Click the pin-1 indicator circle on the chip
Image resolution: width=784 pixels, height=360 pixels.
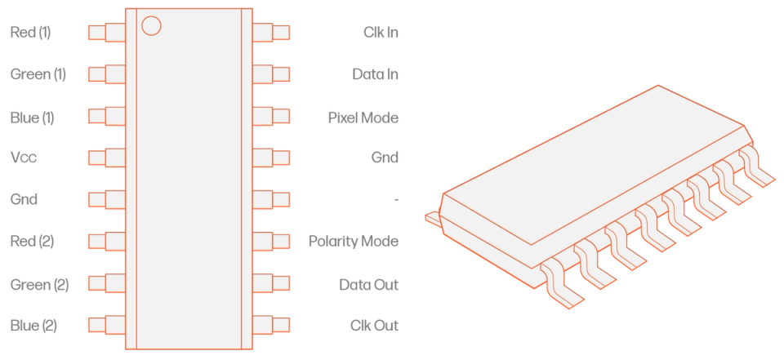point(151,25)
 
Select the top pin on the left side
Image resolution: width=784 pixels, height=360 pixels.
point(105,32)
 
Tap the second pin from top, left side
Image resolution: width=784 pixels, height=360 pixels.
point(105,74)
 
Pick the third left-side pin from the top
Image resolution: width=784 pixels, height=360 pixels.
point(105,116)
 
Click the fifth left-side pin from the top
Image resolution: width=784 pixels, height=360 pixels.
point(105,199)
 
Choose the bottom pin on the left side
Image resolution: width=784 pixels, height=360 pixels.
point(105,324)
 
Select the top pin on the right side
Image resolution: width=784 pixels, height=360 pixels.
point(272,32)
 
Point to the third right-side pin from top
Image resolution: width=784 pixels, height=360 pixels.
point(272,116)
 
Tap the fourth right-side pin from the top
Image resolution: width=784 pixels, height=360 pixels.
point(272,158)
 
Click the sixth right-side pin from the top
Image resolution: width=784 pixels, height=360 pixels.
point(272,241)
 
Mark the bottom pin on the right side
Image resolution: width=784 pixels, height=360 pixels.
point(272,324)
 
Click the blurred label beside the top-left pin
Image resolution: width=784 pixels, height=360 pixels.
point(29,32)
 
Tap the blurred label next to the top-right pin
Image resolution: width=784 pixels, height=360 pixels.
point(381,33)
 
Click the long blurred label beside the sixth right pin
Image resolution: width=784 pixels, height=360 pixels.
point(354,242)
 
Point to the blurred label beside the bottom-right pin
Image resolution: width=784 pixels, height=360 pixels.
point(374,325)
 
